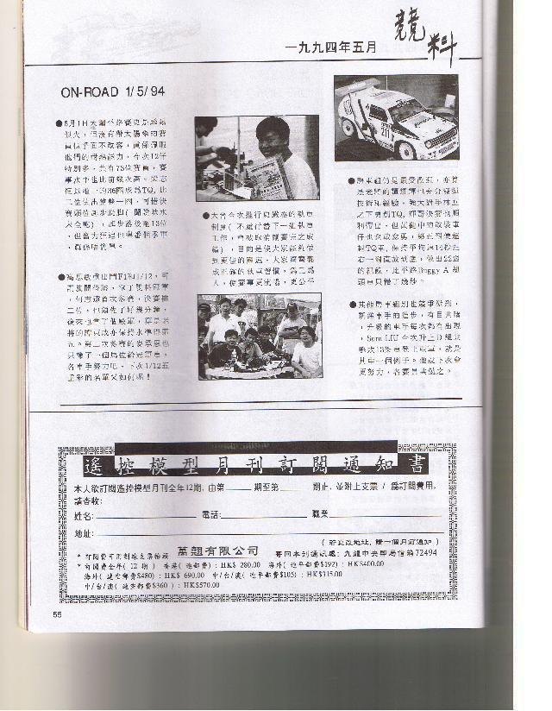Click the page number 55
click(x=57, y=615)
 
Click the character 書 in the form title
click(x=415, y=465)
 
